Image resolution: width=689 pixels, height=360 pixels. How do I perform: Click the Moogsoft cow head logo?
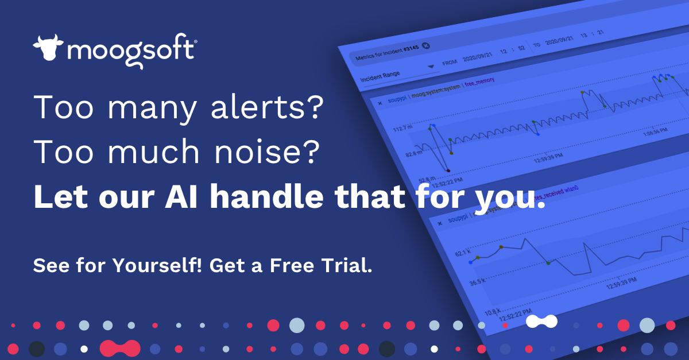point(48,48)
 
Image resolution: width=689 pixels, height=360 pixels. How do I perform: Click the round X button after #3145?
point(426,46)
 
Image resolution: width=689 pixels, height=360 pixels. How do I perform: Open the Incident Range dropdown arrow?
point(431,67)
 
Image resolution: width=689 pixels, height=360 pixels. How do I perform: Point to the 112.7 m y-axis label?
point(402,129)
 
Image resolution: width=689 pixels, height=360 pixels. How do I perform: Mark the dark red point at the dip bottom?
point(448,171)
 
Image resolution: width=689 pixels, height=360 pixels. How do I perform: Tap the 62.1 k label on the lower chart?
point(462,252)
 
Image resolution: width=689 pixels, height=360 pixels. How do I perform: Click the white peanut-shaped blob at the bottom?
point(541,322)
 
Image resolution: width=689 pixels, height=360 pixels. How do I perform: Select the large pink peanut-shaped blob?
point(119,348)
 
